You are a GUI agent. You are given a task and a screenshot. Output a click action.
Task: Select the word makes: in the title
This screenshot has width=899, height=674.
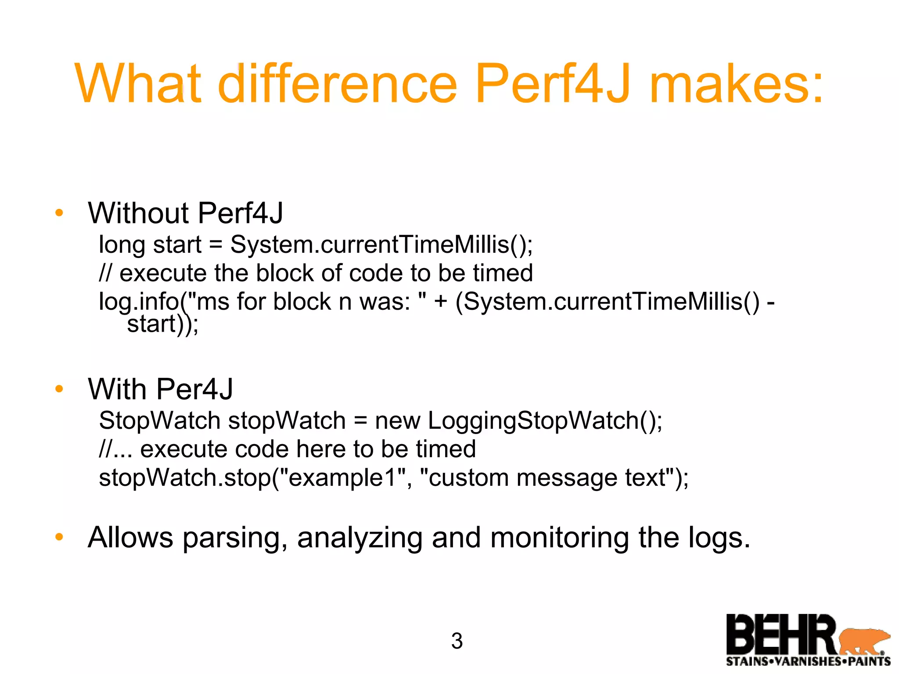point(736,83)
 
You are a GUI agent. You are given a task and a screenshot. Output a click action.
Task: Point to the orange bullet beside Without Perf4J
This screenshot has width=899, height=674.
point(59,214)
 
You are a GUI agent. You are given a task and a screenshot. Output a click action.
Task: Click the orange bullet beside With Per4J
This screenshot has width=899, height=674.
point(59,389)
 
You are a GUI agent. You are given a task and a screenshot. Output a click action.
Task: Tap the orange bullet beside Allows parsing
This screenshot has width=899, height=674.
point(59,537)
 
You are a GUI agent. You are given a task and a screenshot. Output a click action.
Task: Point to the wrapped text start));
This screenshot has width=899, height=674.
point(162,325)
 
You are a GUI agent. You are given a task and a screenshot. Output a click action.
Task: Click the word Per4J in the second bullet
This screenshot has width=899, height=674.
point(194,389)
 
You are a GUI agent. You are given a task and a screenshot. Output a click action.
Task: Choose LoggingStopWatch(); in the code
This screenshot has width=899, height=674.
point(545,420)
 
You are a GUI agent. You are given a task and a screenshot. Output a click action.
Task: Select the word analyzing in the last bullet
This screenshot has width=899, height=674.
point(360,538)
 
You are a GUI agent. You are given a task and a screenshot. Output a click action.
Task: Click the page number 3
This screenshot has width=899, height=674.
point(457,641)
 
